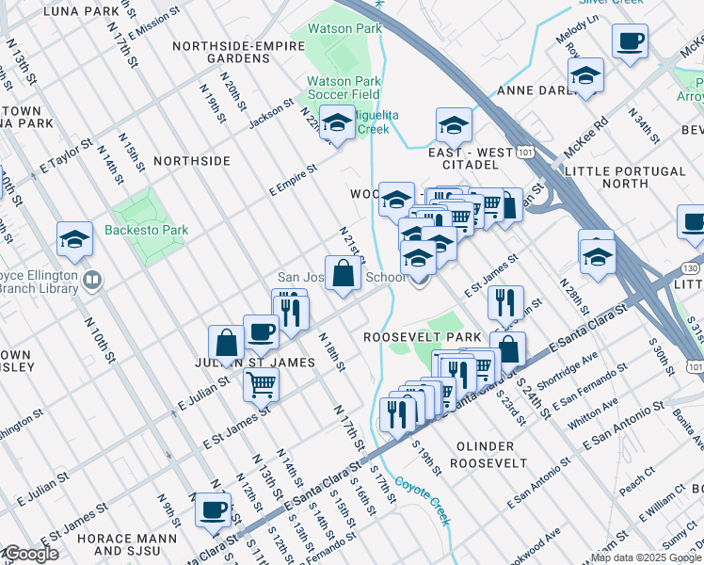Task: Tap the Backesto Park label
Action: point(147,230)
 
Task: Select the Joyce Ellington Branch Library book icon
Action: point(92,280)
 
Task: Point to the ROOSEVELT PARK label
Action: point(424,337)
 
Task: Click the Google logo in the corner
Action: point(31,554)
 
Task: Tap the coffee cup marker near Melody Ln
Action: point(630,42)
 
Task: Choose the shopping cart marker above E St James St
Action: point(261,383)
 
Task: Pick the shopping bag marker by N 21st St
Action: point(344,275)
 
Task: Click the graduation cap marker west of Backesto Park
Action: point(74,240)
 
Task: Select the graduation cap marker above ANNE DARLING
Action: point(585,77)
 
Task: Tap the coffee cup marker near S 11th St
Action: point(211,510)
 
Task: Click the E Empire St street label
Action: point(292,176)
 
